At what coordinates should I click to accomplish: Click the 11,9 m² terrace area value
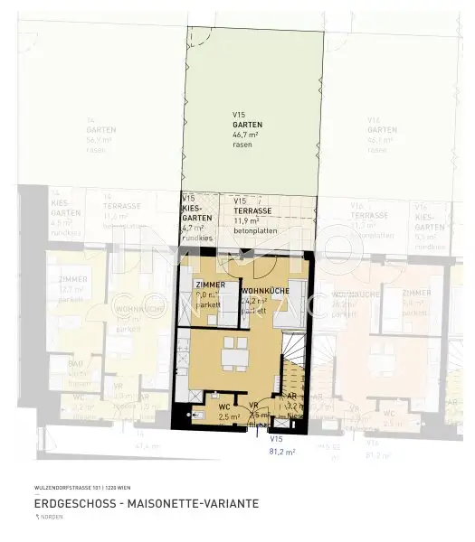coord(246,220)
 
